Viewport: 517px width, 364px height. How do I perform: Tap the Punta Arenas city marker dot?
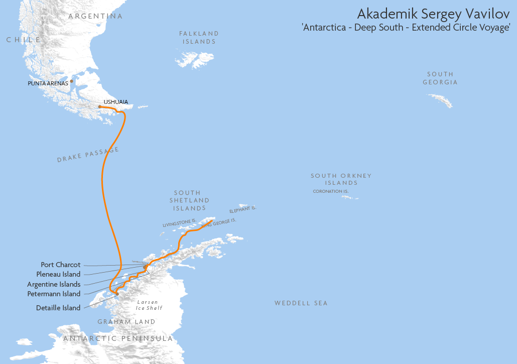(x=72, y=81)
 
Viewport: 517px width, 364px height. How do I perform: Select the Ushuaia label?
(x=115, y=102)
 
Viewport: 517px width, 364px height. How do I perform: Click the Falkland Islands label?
(x=199, y=38)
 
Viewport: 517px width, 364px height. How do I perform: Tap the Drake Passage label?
(x=88, y=155)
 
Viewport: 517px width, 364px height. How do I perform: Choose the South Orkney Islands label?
(x=341, y=179)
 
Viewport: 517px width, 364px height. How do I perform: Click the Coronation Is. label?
(x=330, y=191)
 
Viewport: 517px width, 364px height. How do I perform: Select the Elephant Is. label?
(x=243, y=210)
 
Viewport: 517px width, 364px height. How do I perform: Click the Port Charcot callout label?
(x=60, y=265)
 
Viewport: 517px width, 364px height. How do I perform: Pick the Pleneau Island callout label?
(x=58, y=274)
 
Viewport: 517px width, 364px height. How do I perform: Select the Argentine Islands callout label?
(x=54, y=284)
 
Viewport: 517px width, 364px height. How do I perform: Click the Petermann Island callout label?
(x=54, y=294)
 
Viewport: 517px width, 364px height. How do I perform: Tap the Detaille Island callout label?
(x=58, y=308)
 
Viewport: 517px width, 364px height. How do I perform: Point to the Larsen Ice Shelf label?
(x=149, y=305)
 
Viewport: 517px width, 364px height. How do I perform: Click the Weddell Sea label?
(x=301, y=303)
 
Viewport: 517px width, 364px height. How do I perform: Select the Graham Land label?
(x=126, y=322)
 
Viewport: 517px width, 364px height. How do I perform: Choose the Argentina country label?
(x=95, y=17)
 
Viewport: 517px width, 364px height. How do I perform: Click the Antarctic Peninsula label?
(x=118, y=338)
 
